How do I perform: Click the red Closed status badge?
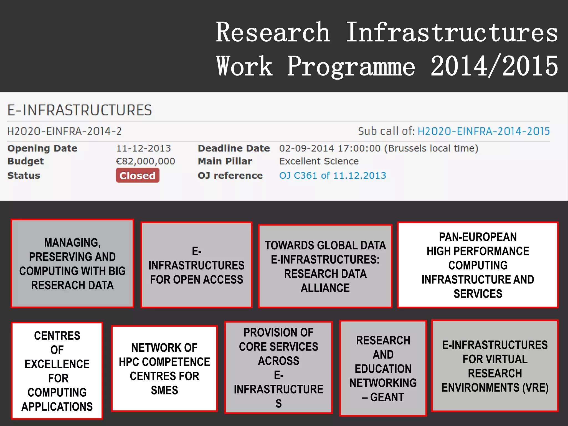(x=138, y=175)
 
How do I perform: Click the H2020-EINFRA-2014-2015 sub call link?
(x=483, y=131)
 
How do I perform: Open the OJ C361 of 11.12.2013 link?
(x=333, y=175)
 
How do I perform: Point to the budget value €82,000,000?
(x=145, y=161)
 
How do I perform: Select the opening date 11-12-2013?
(x=143, y=148)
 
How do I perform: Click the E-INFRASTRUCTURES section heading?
(x=79, y=110)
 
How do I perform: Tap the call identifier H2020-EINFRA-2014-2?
(x=64, y=131)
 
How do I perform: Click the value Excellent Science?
(x=319, y=161)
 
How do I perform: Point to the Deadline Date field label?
(x=234, y=148)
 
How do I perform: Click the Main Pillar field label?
(x=225, y=161)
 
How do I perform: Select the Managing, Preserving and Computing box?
(x=72, y=263)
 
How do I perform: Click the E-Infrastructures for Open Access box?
(x=196, y=265)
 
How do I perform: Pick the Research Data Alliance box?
(x=325, y=266)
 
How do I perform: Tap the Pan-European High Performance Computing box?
(x=478, y=265)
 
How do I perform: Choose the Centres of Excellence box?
(x=57, y=371)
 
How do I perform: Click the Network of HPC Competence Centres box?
(x=164, y=368)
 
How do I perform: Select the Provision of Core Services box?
(x=278, y=367)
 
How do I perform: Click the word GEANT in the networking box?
(x=387, y=397)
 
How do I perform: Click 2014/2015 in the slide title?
(x=494, y=66)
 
